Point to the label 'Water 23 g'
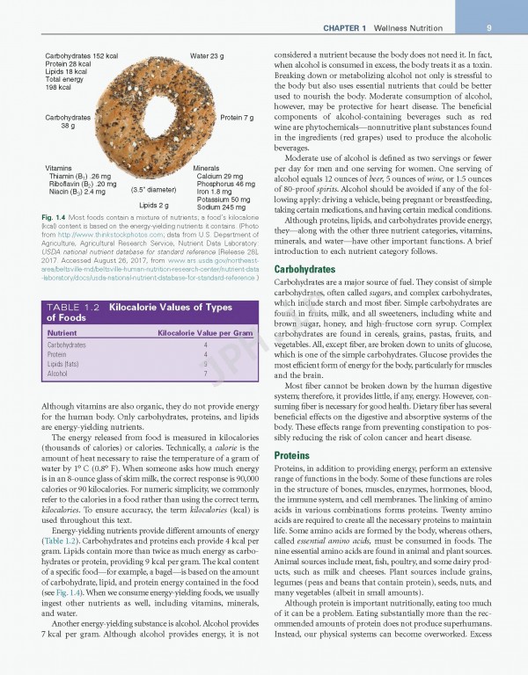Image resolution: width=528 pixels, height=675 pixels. (x=207, y=56)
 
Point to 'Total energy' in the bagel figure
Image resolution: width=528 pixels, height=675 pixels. (x=63, y=80)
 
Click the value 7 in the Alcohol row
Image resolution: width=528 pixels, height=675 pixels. (x=205, y=374)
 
